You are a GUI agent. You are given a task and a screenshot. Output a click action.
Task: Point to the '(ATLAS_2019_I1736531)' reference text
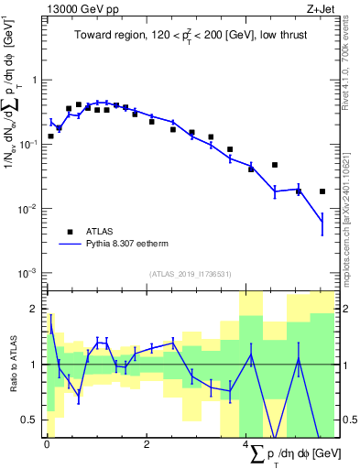click(x=191, y=274)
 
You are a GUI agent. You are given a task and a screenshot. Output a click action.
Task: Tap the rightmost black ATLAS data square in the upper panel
click(x=322, y=191)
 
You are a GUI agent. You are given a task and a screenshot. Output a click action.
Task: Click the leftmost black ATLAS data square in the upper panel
click(x=50, y=136)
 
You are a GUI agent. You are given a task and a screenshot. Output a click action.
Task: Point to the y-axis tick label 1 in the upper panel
click(x=36, y=80)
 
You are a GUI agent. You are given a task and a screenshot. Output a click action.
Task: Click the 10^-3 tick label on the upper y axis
click(x=29, y=273)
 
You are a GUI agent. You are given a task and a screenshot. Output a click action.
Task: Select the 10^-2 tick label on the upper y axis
click(x=29, y=209)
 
